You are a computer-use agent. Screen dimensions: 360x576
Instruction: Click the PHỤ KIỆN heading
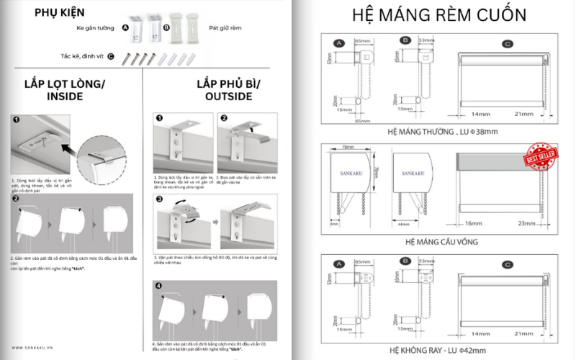pyautogui.click(x=59, y=12)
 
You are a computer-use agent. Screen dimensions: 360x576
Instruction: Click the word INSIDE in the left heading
pyautogui.click(x=64, y=96)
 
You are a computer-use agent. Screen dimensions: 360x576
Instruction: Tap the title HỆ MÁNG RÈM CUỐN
pyautogui.click(x=438, y=15)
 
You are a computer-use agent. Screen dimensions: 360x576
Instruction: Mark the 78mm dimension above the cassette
pyautogui.click(x=348, y=146)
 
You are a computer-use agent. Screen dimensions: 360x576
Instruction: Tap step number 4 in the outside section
pyautogui.click(x=159, y=285)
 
